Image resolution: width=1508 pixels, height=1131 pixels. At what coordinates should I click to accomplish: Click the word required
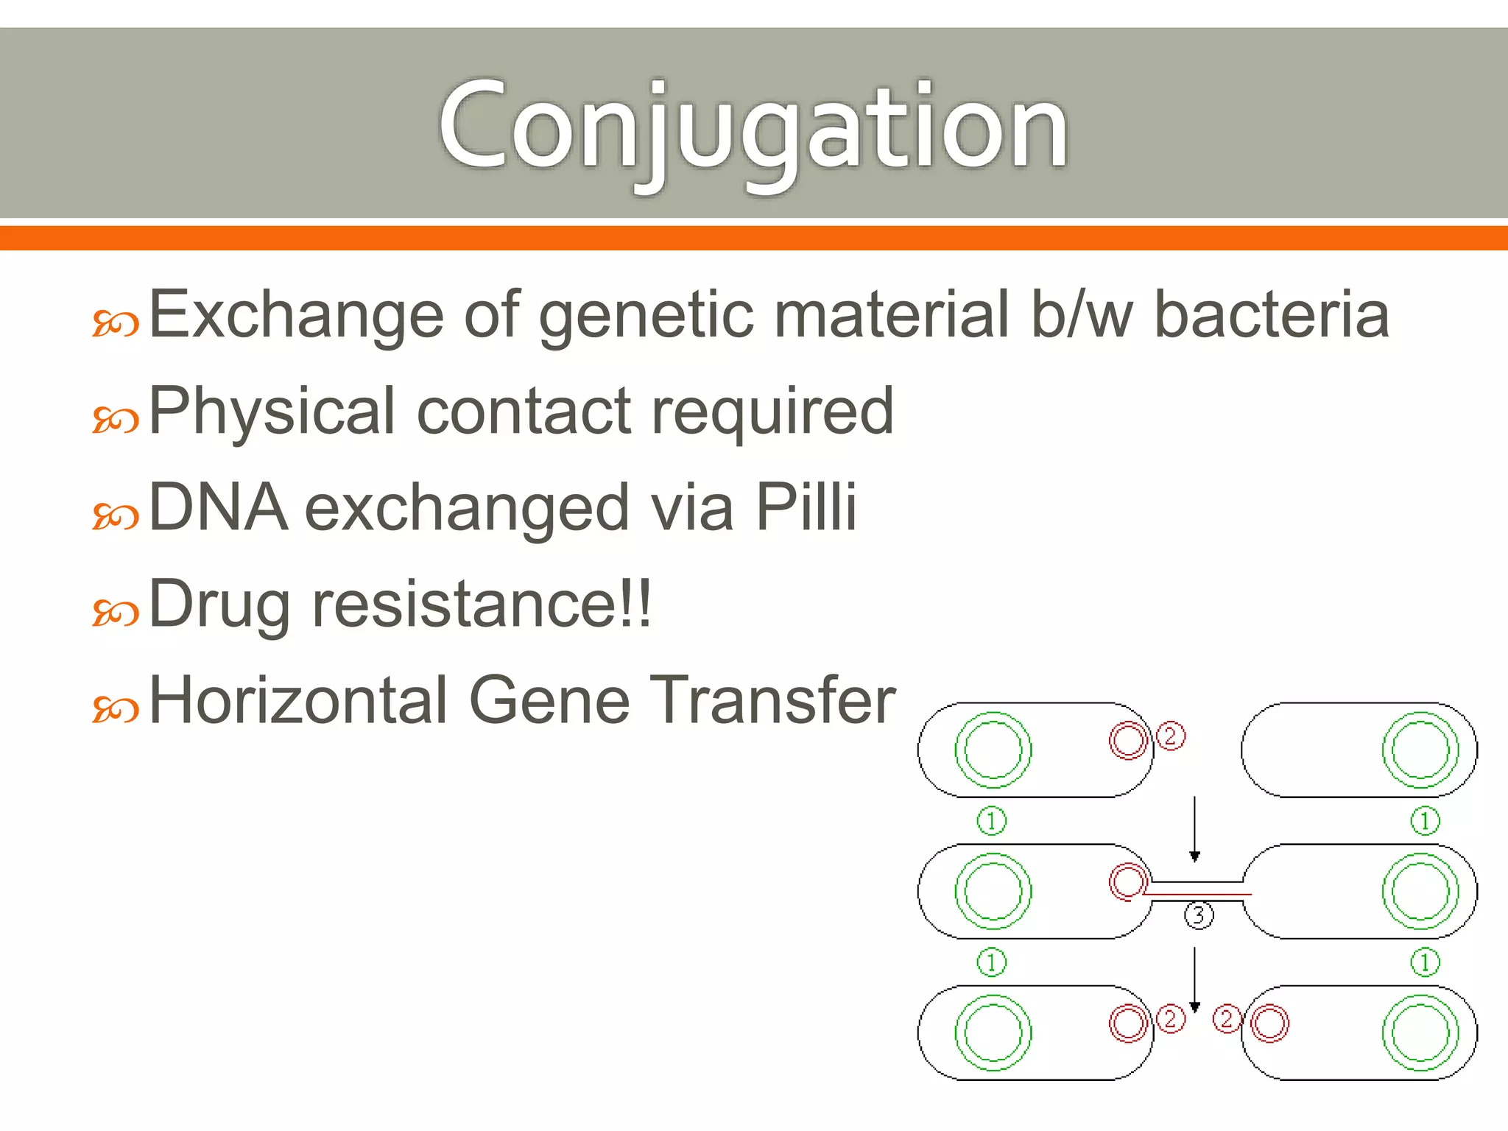pos(772,412)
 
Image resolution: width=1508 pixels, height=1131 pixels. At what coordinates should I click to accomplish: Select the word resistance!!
pos(482,604)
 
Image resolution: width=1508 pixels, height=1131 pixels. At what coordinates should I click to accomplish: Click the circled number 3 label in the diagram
pos(1198,915)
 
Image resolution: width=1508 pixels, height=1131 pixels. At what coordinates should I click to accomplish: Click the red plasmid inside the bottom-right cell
pos(1269,1023)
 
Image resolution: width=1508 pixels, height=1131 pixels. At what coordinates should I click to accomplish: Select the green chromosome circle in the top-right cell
pos(1420,750)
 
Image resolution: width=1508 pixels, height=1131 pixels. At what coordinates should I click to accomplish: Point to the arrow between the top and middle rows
pos(1194,828)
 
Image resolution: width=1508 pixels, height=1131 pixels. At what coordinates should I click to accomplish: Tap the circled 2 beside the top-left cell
pos(1171,736)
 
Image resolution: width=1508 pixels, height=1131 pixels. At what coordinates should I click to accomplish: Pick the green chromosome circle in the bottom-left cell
pos(993,1032)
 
